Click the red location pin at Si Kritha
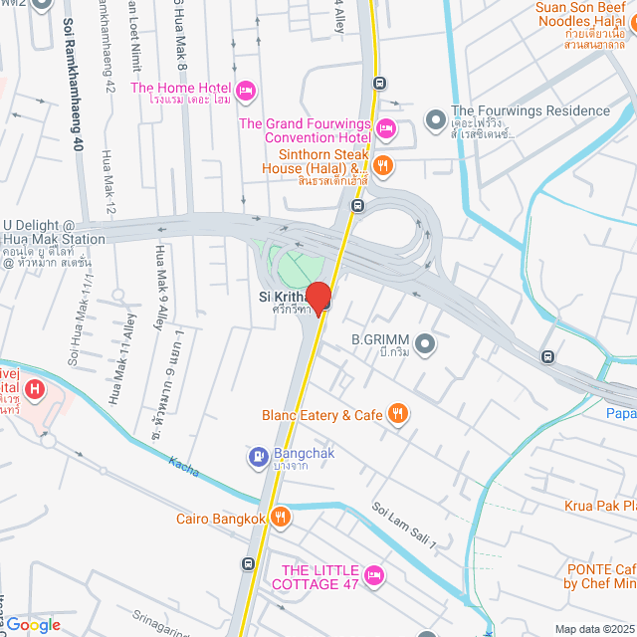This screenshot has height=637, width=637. (318, 298)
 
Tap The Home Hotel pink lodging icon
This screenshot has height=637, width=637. (248, 92)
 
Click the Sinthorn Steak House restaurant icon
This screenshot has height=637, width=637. (383, 165)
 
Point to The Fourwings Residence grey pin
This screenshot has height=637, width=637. (435, 120)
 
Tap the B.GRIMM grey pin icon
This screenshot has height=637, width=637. (426, 344)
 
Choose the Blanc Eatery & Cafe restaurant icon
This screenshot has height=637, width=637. (398, 414)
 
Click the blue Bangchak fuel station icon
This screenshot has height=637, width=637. (256, 458)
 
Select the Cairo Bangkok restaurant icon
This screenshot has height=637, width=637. (281, 518)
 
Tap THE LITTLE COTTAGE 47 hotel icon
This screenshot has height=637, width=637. (374, 575)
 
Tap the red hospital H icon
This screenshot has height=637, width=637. (35, 388)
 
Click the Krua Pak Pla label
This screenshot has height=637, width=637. (600, 505)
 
